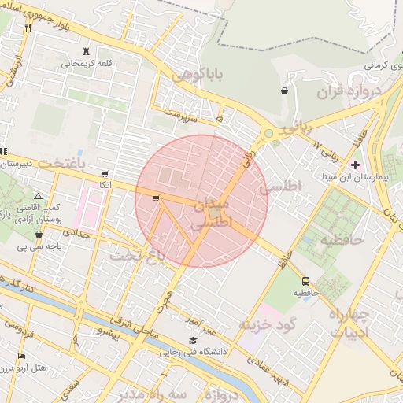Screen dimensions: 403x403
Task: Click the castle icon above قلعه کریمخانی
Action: pyautogui.click(x=86, y=51)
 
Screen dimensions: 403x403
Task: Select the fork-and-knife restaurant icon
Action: pyautogui.click(x=28, y=28)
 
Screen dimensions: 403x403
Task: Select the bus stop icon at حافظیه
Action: pyautogui.click(x=305, y=280)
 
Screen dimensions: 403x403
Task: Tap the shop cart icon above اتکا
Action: pyautogui.click(x=105, y=173)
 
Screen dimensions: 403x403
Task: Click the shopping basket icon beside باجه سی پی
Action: pyautogui.click(x=39, y=234)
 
